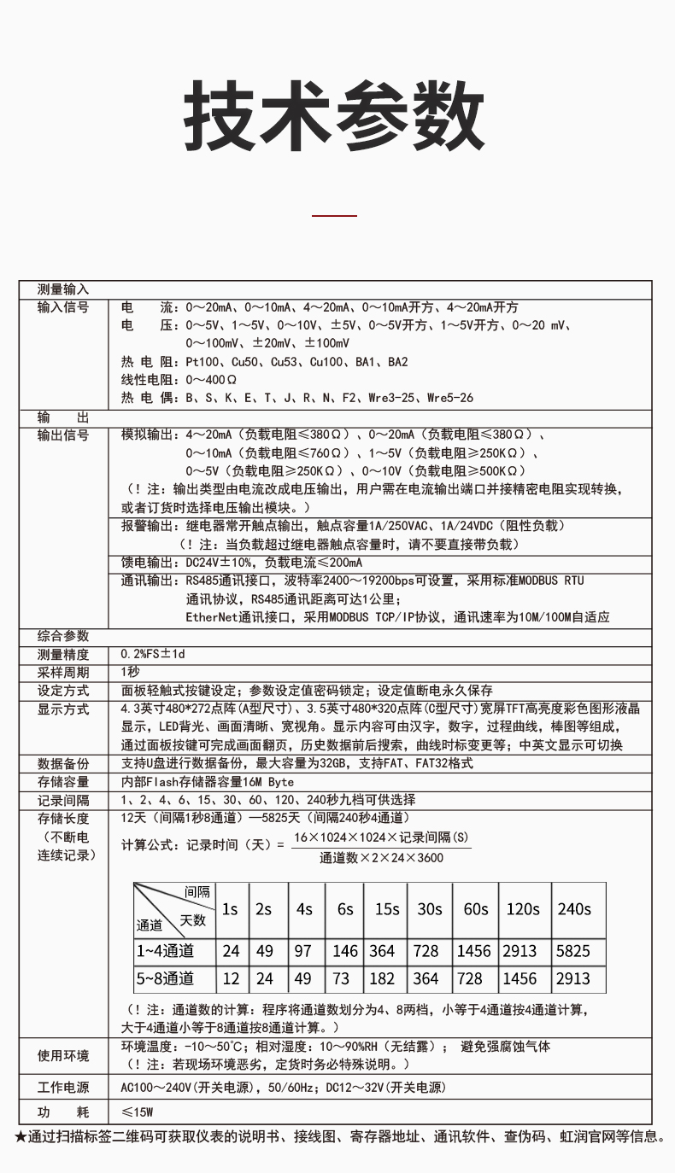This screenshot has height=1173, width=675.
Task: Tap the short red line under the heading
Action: (335, 216)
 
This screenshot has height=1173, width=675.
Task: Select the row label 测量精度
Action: (63, 654)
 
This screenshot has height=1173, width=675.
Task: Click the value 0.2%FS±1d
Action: (153, 654)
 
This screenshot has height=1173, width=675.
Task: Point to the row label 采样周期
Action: (63, 672)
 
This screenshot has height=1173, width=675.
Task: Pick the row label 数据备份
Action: (63, 763)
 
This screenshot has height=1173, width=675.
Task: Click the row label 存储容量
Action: (63, 782)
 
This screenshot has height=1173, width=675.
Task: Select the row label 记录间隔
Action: (63, 801)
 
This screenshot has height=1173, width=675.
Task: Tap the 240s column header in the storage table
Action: (574, 909)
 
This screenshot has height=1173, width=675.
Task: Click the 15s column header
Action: (387, 909)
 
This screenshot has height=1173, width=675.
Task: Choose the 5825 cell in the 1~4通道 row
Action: (573, 951)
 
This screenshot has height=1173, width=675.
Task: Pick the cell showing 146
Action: (345, 951)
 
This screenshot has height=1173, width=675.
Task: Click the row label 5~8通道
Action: (165, 978)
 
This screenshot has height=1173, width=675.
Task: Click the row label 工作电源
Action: (63, 1088)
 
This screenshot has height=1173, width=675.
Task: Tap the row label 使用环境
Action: (63, 1056)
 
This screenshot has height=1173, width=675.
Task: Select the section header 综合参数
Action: (63, 636)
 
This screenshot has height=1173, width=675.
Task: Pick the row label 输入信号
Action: (63, 307)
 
